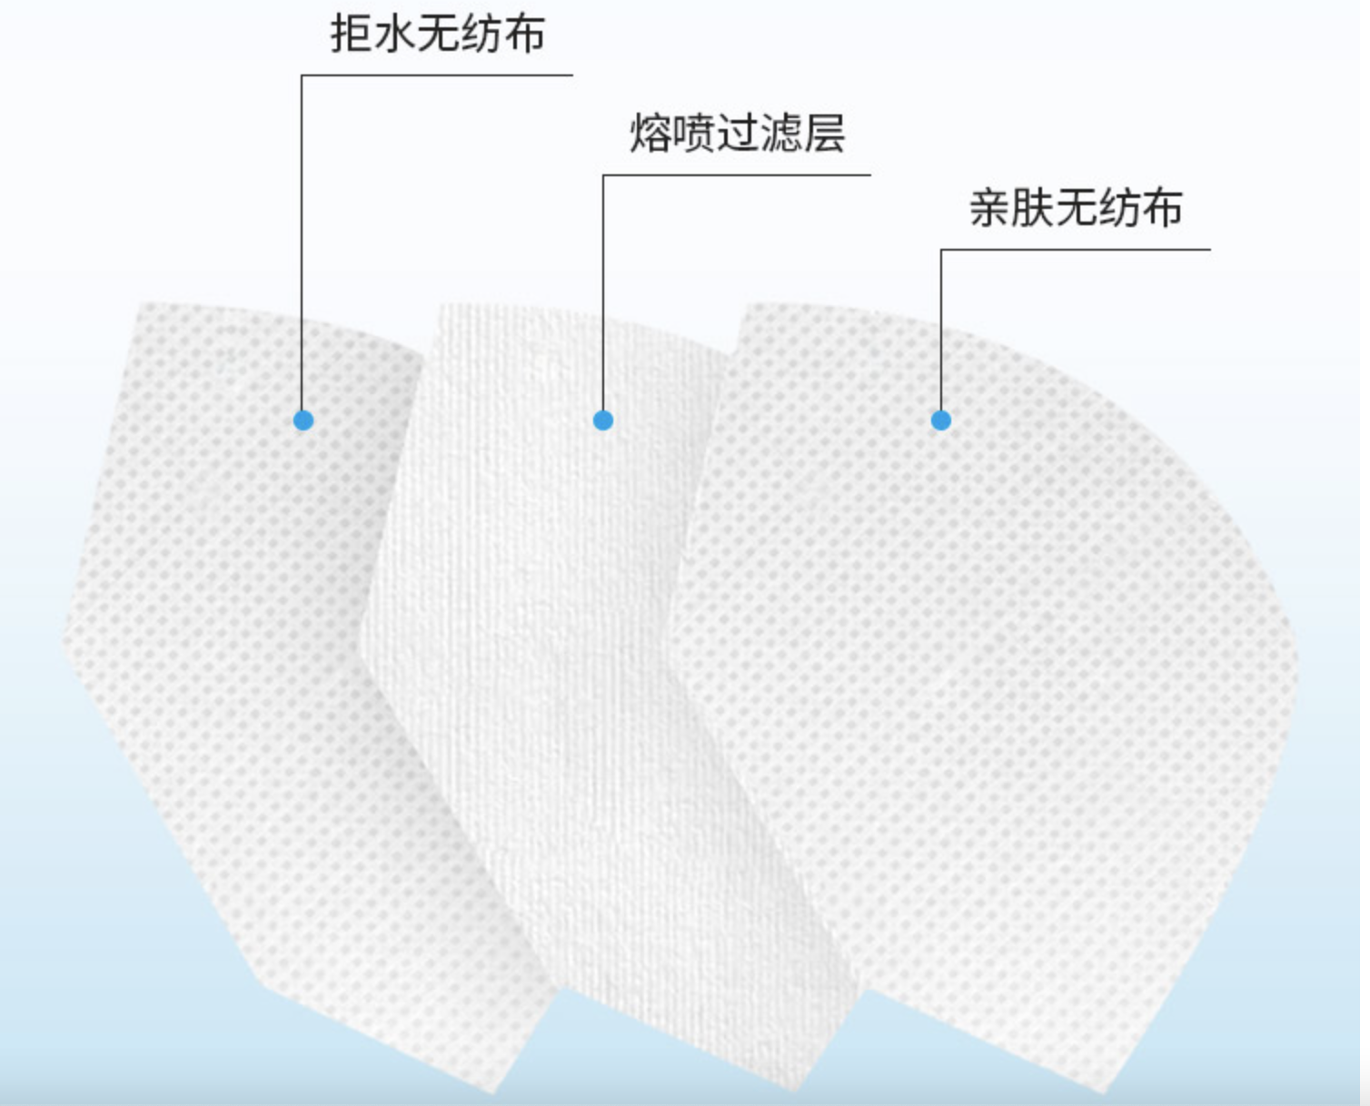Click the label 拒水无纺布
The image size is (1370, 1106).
(x=437, y=35)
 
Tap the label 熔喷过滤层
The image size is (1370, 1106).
(x=737, y=134)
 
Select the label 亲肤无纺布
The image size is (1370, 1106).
(x=1076, y=208)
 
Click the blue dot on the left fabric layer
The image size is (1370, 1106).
(x=303, y=420)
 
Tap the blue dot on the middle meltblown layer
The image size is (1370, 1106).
(x=603, y=420)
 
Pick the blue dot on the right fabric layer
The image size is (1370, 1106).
(x=941, y=420)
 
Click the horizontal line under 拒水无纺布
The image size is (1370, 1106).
(x=436, y=75)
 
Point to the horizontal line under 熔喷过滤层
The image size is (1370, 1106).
(x=736, y=175)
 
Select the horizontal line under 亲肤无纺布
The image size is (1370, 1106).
(x=1076, y=250)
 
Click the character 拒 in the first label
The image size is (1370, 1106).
(x=351, y=35)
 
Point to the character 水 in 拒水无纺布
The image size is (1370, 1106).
(x=394, y=35)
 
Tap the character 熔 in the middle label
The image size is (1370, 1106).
(x=650, y=134)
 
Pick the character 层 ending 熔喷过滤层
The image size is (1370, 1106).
(x=823, y=134)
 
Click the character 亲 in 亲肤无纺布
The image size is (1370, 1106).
(x=990, y=208)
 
